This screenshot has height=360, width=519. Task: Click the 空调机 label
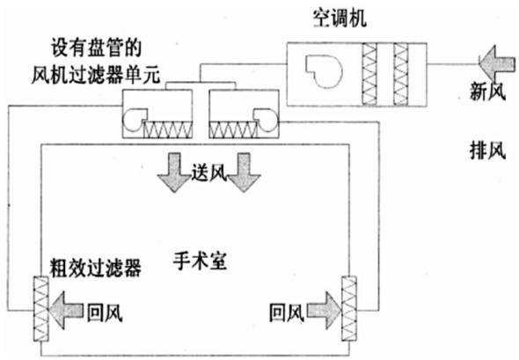340,18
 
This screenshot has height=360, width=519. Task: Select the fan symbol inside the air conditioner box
323,71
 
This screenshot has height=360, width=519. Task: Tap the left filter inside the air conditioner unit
369,74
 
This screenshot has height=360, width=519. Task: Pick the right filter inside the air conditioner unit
400,74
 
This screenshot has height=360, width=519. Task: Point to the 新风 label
487,91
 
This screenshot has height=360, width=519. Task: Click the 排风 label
487,151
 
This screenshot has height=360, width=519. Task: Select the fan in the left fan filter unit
134,120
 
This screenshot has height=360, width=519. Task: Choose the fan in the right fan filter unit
267,120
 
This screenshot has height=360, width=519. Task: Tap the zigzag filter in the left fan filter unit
167,129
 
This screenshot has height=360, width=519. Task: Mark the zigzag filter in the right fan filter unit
233,129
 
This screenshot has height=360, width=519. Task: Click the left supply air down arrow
174,173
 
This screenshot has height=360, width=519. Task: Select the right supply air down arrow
244,173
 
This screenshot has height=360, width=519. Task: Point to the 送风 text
209,173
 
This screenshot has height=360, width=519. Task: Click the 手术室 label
200,261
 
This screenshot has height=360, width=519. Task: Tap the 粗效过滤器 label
95,268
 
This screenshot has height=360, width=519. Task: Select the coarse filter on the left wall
41,309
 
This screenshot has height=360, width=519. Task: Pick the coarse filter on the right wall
349,309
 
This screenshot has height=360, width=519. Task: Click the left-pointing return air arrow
66,311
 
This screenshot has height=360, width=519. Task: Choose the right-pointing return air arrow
325,311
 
